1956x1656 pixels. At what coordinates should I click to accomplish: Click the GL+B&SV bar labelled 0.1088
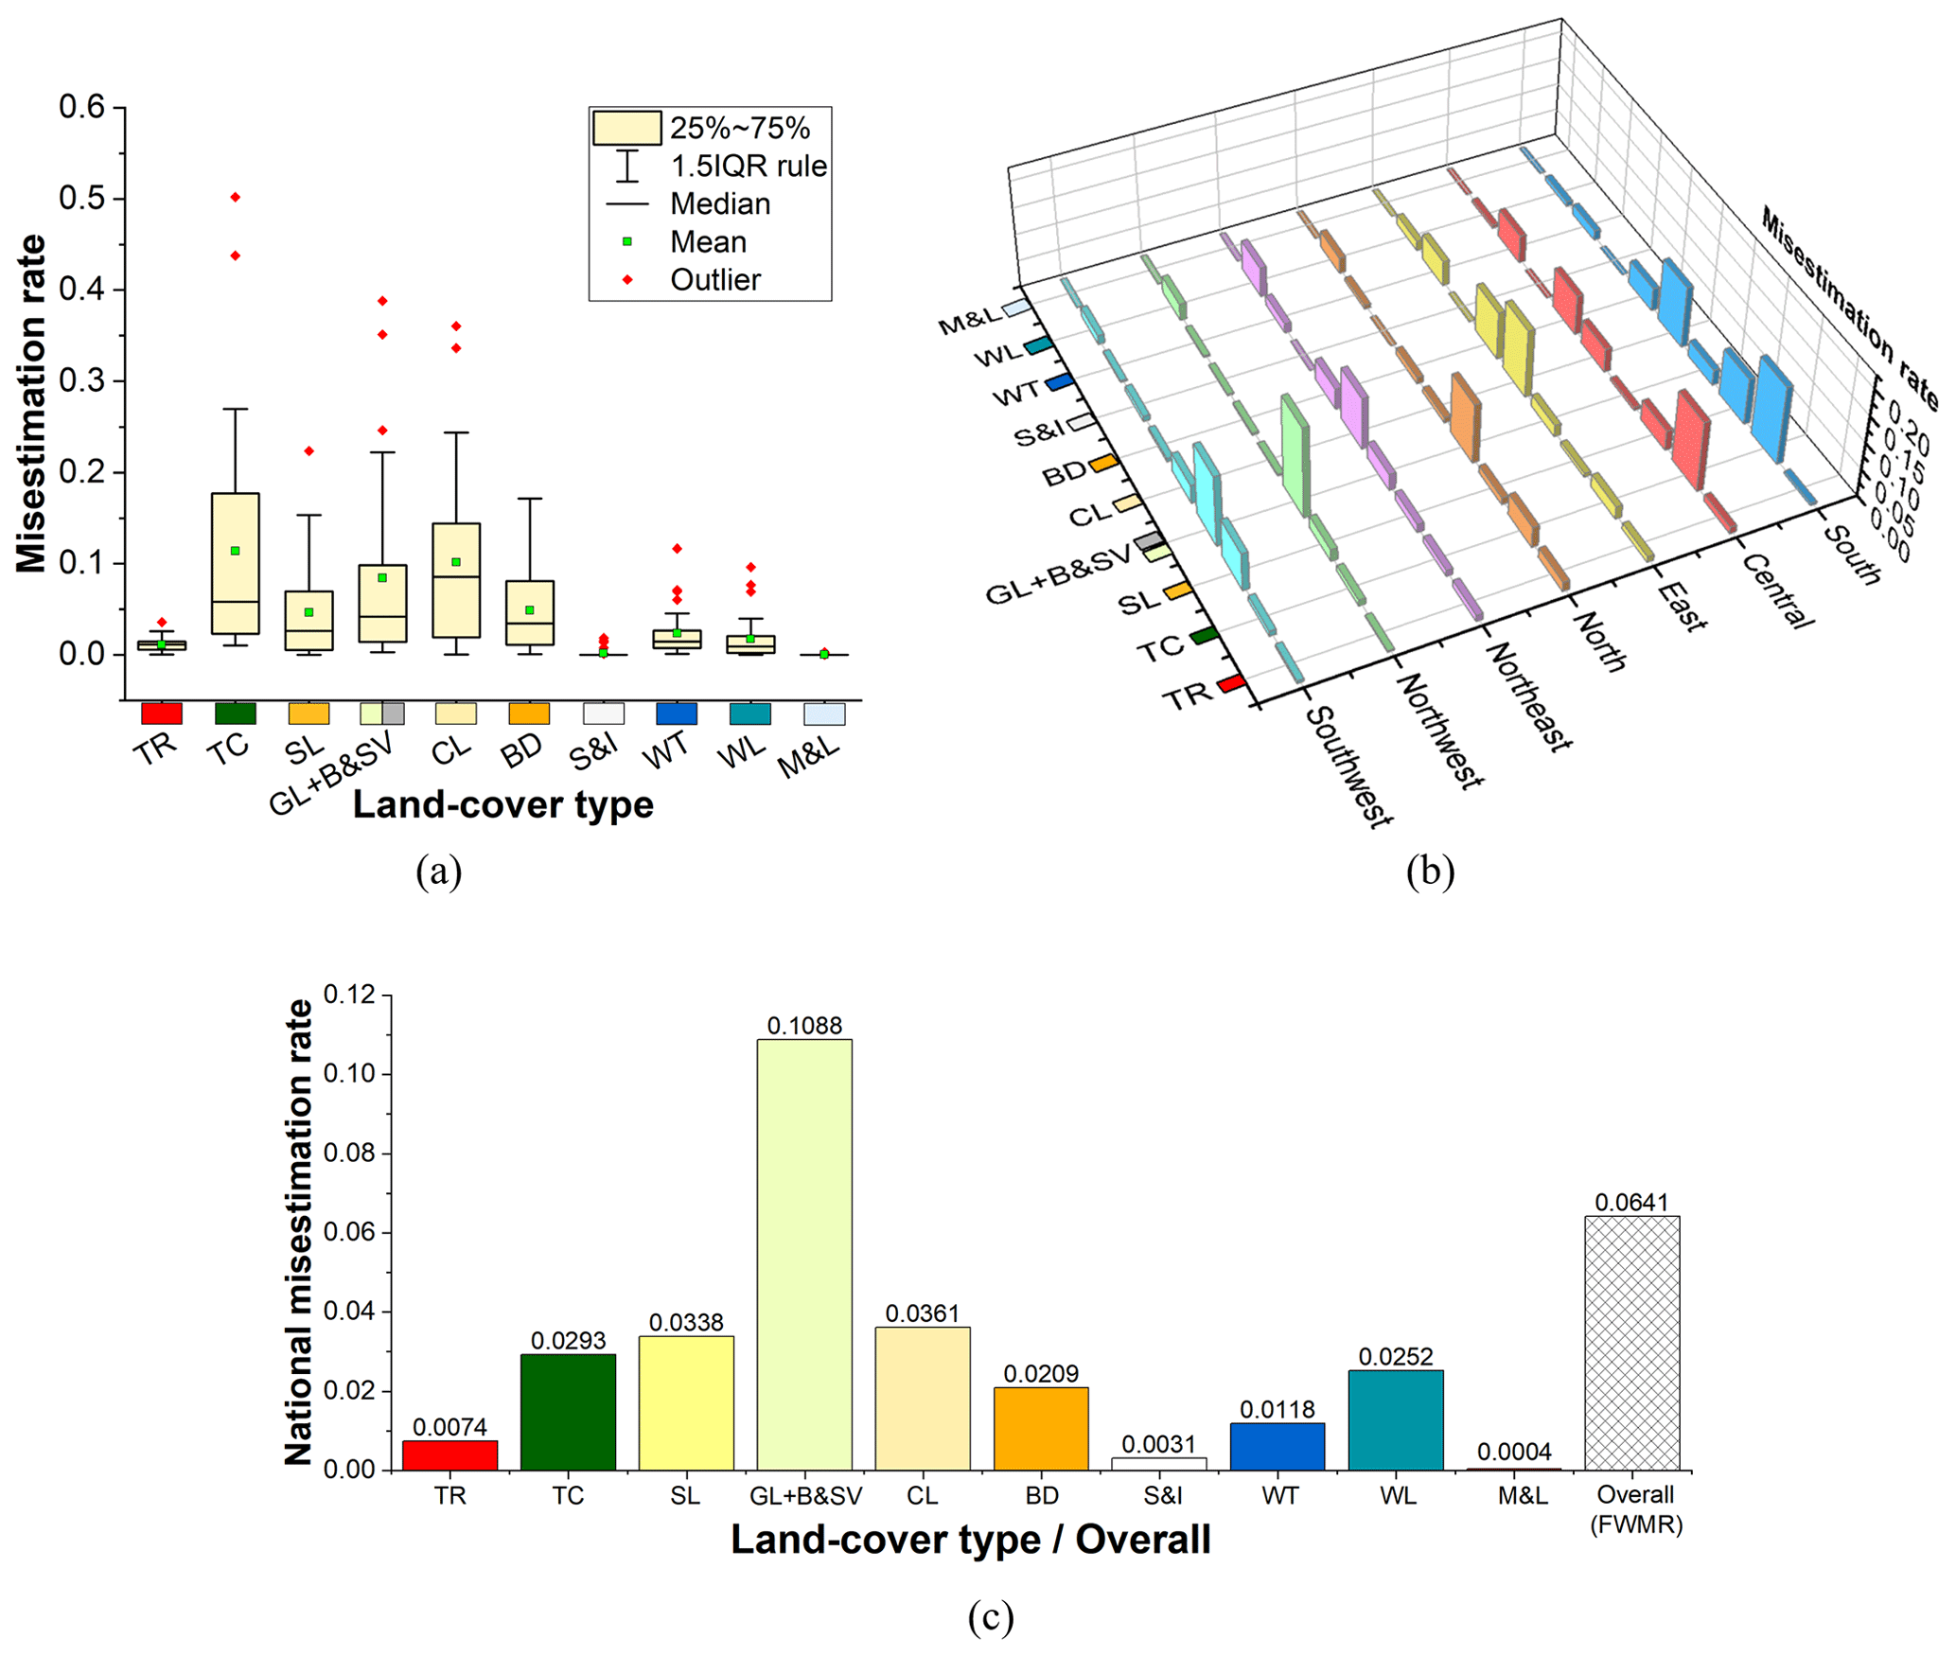803,1254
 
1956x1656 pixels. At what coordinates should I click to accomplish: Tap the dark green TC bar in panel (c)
568,1411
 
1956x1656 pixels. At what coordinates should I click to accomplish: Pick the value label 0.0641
1631,1202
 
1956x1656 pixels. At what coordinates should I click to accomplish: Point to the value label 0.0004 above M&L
1514,1451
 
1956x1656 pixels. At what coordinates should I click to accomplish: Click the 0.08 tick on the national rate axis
349,1153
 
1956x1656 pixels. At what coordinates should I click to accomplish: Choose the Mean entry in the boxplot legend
708,242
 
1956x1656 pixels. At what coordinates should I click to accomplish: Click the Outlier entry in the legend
714,280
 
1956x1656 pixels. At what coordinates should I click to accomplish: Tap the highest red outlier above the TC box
236,197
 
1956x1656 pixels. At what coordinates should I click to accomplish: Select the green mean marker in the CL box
456,562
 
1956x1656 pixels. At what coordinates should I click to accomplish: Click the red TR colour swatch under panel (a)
162,713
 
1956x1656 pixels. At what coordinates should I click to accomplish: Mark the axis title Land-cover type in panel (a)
502,804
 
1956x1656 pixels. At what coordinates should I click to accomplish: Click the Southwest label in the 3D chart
1348,766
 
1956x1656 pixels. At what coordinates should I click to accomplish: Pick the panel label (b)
1430,870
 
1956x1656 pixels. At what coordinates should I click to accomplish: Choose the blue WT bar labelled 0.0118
1277,1446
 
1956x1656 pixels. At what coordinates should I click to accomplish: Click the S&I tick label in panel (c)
1162,1495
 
